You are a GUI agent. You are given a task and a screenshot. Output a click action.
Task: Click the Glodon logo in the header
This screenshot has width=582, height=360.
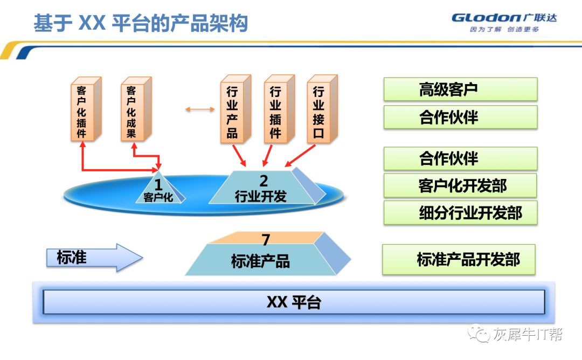(504, 18)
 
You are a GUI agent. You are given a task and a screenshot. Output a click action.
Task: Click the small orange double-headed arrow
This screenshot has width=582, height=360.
(199, 110)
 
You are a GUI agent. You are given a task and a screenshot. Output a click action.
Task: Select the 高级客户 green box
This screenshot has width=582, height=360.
(460, 89)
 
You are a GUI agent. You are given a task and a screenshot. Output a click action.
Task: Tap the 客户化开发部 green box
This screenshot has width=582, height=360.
(460, 186)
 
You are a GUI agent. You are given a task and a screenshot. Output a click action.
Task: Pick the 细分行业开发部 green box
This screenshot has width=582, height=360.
(460, 213)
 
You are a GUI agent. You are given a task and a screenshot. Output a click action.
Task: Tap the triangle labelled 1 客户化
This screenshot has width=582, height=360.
(158, 190)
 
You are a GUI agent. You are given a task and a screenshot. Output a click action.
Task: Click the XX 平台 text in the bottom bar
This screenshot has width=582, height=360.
(294, 302)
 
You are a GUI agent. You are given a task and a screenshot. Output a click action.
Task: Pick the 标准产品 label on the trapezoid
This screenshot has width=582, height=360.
(260, 261)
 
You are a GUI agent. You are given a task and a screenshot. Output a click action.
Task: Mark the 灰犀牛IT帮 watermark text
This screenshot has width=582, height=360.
(528, 334)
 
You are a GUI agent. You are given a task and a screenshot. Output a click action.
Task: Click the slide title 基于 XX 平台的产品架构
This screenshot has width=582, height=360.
(141, 24)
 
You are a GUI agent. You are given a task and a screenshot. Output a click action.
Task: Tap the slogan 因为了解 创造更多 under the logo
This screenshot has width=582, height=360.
(504, 30)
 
